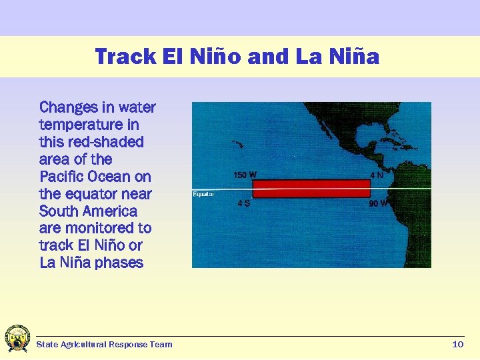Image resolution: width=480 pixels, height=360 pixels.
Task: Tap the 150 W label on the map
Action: click(245, 175)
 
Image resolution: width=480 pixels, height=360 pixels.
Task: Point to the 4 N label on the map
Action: click(377, 175)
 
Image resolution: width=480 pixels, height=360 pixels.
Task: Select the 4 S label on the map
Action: click(244, 203)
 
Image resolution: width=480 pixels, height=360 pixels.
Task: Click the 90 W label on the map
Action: click(379, 203)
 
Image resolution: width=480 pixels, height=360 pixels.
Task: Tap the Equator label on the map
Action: click(203, 194)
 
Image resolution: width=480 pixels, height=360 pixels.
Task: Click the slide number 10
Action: click(457, 344)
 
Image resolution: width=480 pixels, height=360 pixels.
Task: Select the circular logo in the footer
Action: click(17, 339)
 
